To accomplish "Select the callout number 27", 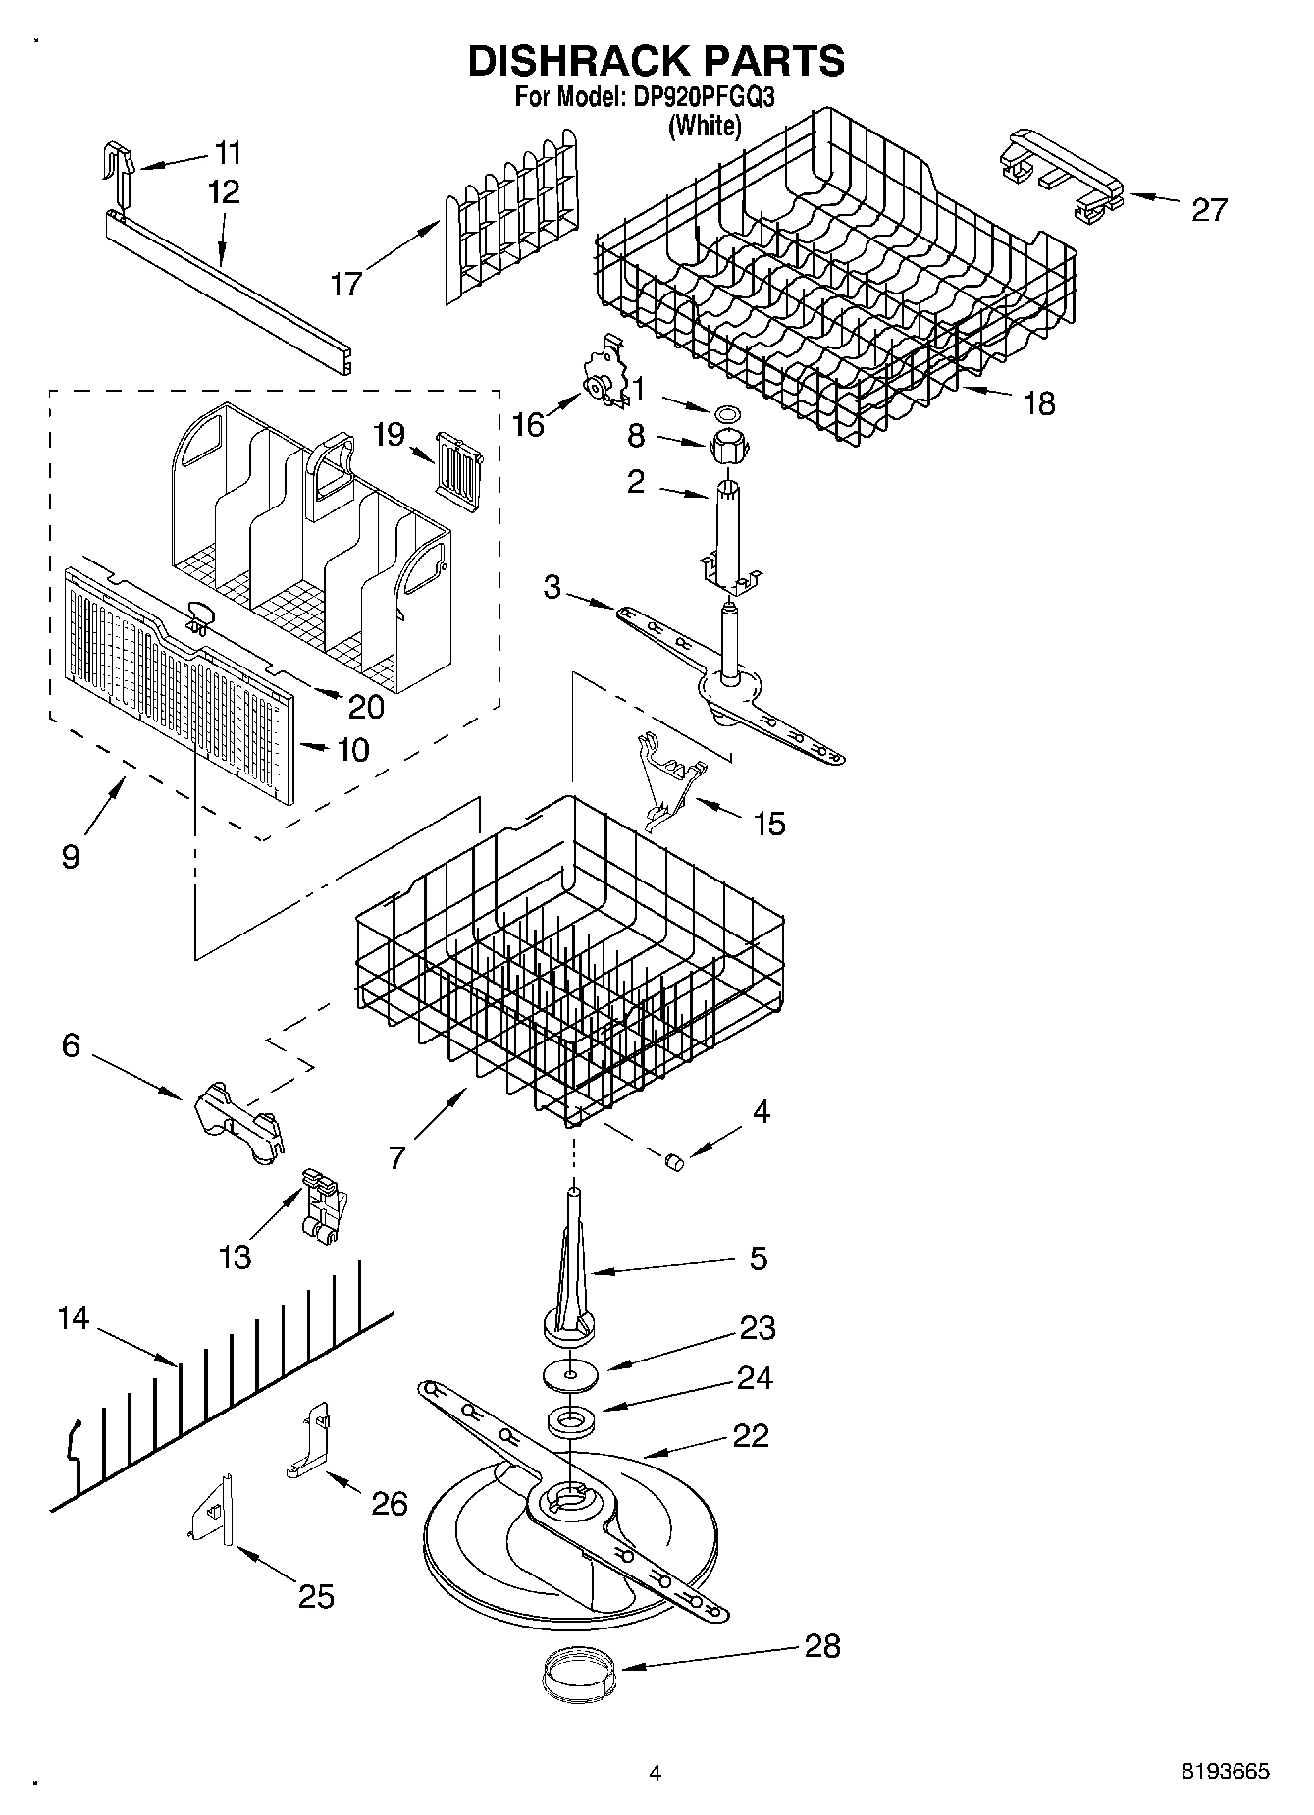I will [1208, 209].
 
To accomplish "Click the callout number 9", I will [70, 855].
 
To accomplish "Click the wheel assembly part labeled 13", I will [317, 1204].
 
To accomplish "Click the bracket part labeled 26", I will [309, 1440].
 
